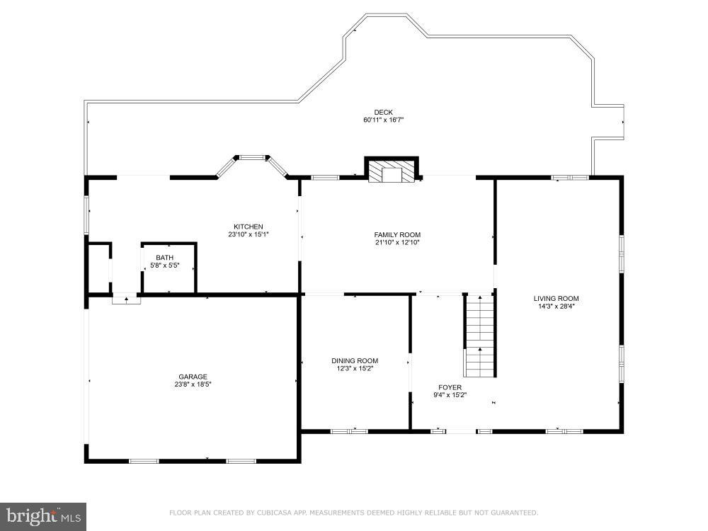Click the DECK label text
383,112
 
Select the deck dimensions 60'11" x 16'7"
383,120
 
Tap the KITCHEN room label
249,227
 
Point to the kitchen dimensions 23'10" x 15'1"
249,234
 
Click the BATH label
164,258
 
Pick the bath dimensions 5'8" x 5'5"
164,265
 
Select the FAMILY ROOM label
397,234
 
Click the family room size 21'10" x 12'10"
397,242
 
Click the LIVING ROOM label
556,298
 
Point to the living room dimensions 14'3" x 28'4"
556,307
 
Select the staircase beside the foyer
479,336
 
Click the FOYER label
450,387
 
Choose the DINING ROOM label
355,360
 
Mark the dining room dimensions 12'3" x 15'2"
355,368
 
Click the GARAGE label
193,376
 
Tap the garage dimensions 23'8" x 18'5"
193,384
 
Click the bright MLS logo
42,516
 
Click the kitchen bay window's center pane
251,157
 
